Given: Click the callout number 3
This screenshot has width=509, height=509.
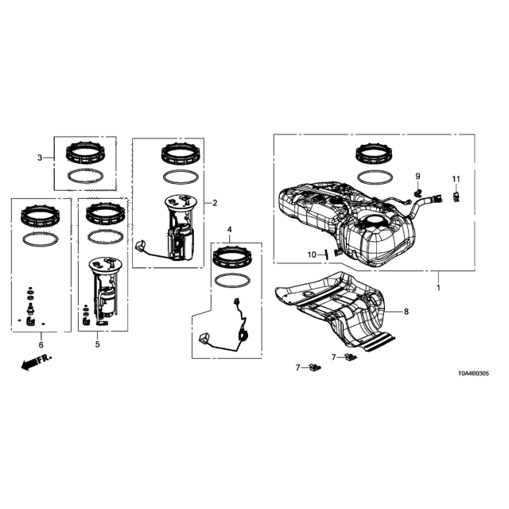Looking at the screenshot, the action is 40,157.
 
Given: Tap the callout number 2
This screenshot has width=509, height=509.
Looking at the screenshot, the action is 215,204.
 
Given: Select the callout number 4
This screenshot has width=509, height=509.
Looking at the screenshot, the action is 230,230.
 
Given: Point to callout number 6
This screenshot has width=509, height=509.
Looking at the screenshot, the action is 41,344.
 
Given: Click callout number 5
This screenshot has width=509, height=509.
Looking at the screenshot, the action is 97,344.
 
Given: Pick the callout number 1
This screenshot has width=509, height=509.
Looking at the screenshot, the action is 438,288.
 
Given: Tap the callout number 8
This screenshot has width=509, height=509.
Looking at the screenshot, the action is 406,312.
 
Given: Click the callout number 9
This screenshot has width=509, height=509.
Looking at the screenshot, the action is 418,177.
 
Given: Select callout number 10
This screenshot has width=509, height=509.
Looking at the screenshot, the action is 312,254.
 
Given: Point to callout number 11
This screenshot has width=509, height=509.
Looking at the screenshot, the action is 456,179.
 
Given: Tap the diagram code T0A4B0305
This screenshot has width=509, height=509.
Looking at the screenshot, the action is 473,374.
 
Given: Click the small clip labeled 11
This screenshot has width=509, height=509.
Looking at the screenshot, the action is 457,196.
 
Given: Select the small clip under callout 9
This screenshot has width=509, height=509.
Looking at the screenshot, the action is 418,192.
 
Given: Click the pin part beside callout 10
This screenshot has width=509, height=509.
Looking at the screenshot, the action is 326,254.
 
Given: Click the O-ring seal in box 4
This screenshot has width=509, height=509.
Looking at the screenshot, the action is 232,281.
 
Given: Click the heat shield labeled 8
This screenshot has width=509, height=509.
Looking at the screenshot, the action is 334,312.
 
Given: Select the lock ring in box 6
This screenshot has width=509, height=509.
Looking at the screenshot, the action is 40,216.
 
